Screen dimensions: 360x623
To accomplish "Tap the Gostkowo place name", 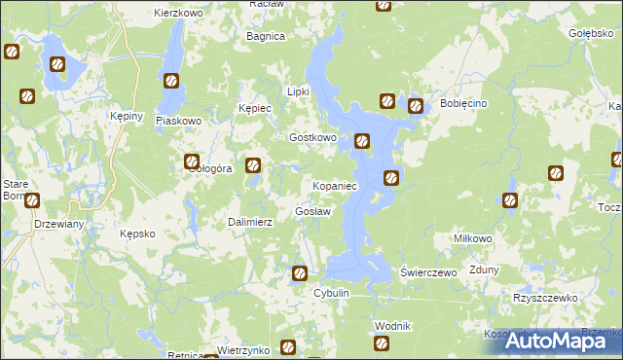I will pos(312,138).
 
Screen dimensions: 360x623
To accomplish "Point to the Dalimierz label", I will pos(250,223).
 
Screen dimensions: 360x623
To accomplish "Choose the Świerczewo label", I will pos(429,273).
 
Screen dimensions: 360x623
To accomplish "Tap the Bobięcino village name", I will pos(462,103).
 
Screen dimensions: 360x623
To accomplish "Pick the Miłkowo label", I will pos(474,238).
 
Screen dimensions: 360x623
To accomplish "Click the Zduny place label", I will pos(484,272).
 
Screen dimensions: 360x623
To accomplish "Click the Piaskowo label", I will pos(178,122).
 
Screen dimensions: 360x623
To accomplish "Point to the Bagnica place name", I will pos(266,36).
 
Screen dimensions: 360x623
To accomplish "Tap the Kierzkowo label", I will pos(177,14).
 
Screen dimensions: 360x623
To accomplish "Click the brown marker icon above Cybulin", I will pos(301,273).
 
